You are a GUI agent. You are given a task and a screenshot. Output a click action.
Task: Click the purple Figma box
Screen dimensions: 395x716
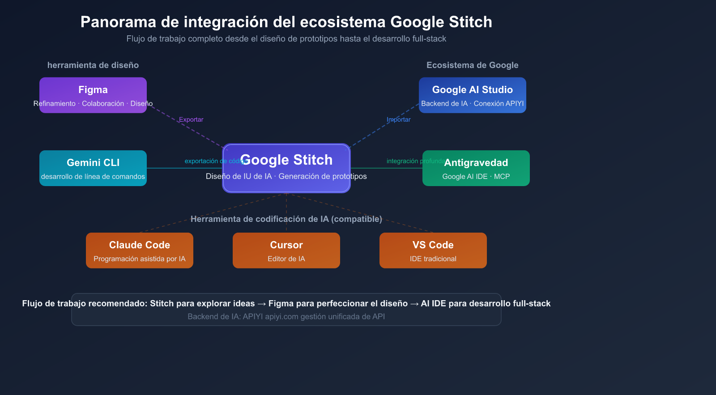pos(93,95)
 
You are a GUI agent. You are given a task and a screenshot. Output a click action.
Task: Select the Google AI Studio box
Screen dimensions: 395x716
pos(472,95)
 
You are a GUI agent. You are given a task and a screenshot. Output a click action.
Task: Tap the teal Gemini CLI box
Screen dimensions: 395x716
pos(93,168)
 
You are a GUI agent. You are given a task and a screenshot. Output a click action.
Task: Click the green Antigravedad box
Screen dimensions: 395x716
pos(476,168)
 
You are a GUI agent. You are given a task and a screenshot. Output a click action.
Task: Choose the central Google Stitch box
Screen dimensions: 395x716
pos(286,168)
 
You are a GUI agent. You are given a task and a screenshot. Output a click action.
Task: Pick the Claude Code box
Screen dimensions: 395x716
pos(139,250)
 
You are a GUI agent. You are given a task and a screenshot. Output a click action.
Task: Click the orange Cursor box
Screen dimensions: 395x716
pos(286,250)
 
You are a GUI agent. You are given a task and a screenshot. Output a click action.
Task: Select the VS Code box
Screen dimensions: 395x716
pos(433,250)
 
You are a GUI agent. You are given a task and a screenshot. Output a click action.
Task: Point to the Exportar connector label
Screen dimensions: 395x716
pos(191,119)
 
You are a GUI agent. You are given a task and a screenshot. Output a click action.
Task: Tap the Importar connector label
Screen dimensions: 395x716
pos(398,119)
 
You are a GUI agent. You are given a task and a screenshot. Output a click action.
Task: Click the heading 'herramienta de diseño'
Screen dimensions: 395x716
pos(93,65)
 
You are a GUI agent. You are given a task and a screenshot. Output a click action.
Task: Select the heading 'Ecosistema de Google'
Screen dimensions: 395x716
pos(472,65)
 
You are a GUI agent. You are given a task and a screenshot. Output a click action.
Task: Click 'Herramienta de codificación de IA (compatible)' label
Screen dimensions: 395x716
pos(286,219)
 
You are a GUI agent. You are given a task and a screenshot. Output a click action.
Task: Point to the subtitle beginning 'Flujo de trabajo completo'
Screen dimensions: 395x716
pos(286,39)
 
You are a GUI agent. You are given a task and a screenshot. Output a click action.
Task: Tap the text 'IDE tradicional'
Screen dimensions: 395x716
pos(433,259)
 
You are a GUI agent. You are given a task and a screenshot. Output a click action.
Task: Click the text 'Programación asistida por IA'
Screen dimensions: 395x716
pos(139,259)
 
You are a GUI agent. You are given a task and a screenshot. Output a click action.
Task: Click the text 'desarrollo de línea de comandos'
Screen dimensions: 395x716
pos(93,177)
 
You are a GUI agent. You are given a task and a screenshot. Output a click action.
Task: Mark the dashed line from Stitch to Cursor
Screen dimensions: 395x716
pos(286,206)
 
